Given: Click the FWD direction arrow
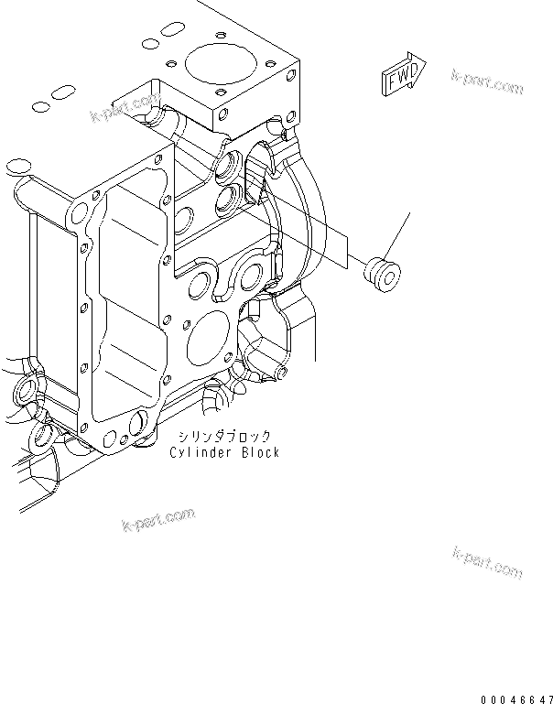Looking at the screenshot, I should coord(401,75).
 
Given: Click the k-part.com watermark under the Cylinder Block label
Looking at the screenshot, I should coord(157,520).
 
